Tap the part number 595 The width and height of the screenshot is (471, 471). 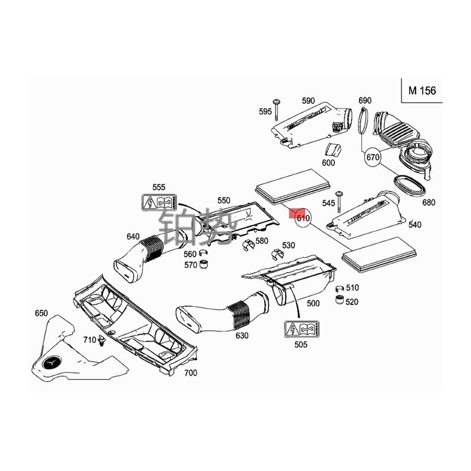(x=264, y=111)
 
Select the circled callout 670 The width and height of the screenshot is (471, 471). (x=373, y=158)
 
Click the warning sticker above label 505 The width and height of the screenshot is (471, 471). (x=300, y=329)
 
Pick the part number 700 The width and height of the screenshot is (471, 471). (x=190, y=373)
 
